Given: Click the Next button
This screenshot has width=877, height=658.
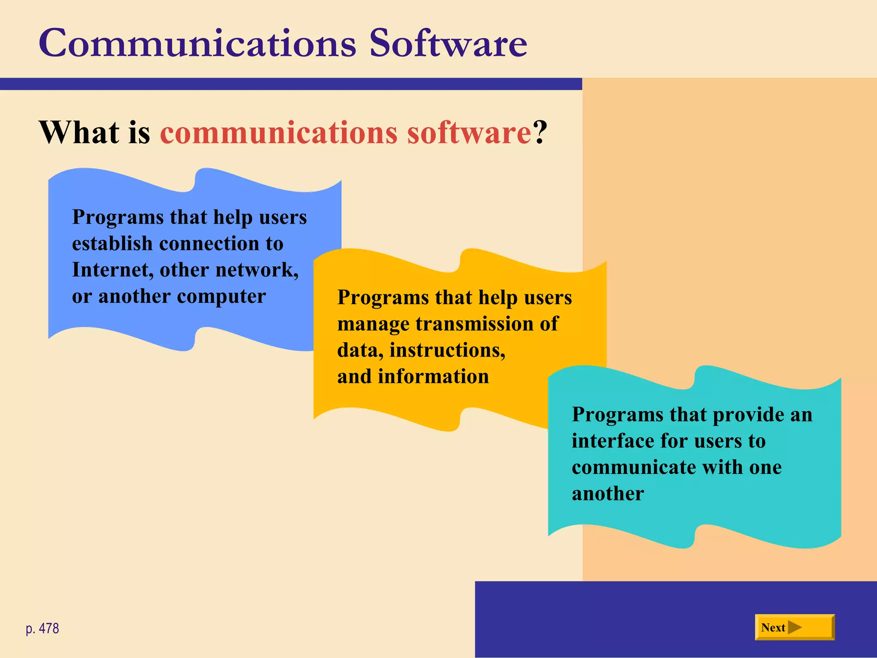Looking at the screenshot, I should [x=794, y=627].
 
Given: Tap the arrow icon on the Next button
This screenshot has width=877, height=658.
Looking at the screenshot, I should [x=794, y=628].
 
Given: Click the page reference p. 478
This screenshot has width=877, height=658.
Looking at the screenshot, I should [x=42, y=628].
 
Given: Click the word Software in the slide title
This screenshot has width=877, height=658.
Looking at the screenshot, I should [x=448, y=44].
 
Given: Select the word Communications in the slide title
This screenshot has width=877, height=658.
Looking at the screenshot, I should [x=197, y=44].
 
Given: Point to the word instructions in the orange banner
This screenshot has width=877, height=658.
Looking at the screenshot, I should [x=447, y=350].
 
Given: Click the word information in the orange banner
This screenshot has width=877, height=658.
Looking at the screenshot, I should [x=433, y=377].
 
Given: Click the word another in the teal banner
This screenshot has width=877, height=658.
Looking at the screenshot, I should [x=608, y=494].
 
